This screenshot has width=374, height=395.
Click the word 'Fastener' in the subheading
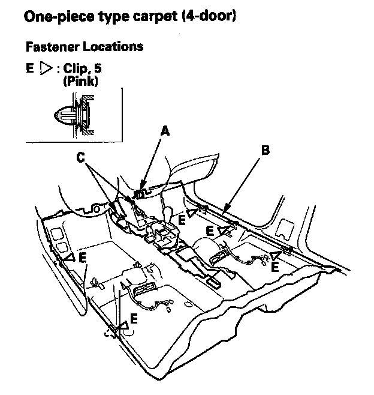pyautogui.click(x=50, y=46)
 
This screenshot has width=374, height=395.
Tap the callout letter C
pyautogui.click(x=80, y=157)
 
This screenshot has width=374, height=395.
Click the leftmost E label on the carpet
pyautogui.click(x=83, y=258)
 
